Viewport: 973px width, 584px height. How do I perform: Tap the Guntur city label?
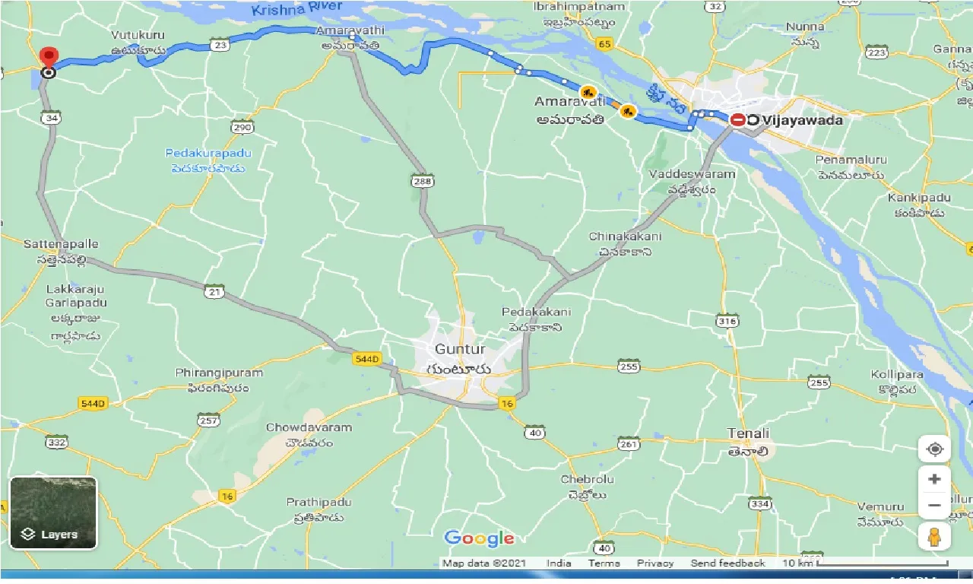pos(459,350)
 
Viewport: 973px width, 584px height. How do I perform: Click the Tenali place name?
pos(748,433)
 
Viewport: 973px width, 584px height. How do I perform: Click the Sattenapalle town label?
pos(60,244)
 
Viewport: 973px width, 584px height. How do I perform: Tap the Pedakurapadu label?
pos(208,154)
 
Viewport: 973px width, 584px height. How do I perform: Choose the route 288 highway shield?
pos(422,181)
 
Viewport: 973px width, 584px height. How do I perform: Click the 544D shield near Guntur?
pos(366,359)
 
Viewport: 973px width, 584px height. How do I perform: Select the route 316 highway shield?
pos(727,322)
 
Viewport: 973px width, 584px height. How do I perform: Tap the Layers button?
pos(53,513)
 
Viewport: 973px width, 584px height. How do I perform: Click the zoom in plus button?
pos(934,479)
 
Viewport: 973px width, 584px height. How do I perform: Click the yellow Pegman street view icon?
pos(934,536)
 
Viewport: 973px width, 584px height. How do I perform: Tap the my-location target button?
pos(934,449)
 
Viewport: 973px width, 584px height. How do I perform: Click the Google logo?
pos(479,538)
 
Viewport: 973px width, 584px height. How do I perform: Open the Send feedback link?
pos(727,563)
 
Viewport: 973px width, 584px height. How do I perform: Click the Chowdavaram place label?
pos(309,427)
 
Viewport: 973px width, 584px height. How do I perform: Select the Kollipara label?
pos(897,375)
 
